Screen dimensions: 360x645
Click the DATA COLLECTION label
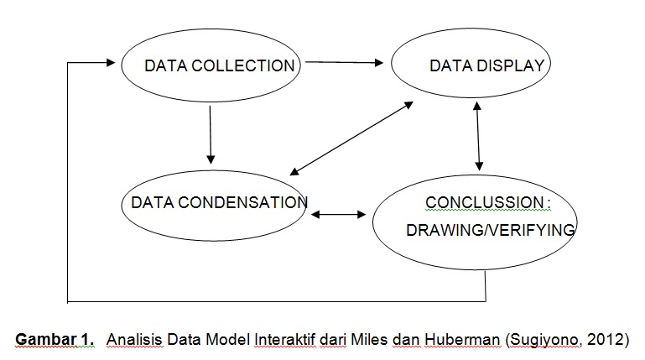click(220, 66)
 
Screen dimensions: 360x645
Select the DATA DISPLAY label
click(487, 66)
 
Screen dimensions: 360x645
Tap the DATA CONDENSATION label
click(219, 202)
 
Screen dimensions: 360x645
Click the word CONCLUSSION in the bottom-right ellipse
click(484, 203)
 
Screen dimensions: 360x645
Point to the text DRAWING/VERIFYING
click(491, 230)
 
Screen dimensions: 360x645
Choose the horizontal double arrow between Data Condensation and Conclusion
click(339, 215)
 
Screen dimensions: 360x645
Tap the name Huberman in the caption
click(466, 339)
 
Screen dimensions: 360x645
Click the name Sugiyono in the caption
click(546, 339)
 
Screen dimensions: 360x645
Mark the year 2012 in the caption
click(607, 339)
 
